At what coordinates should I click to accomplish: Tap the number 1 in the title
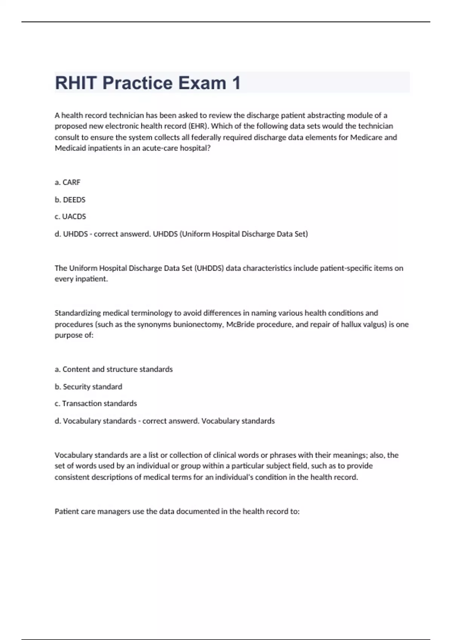[x=236, y=83]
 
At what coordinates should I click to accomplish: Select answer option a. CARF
[x=68, y=182]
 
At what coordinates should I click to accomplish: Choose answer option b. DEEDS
[x=70, y=200]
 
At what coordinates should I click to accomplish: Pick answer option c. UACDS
[x=70, y=216]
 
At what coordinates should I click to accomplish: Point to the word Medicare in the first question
[x=367, y=137]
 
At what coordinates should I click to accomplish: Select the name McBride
[x=240, y=324]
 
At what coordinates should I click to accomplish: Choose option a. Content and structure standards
[x=114, y=369]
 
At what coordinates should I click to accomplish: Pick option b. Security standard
[x=89, y=387]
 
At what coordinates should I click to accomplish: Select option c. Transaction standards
[x=96, y=404]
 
